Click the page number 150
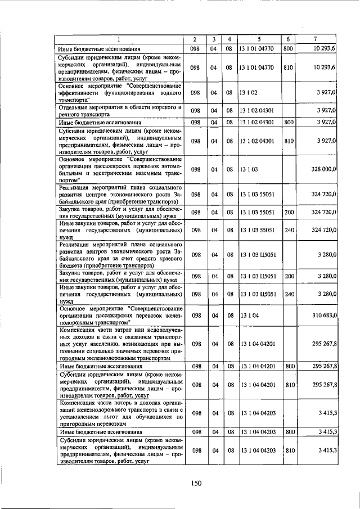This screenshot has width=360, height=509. pos(196,483)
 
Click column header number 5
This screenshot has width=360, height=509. pos(259,39)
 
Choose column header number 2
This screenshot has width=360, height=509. pos(194,39)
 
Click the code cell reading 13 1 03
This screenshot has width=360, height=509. pos(248,169)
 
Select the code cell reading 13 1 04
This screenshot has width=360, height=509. pos(248,315)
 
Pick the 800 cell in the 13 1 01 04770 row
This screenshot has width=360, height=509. pos(288,49)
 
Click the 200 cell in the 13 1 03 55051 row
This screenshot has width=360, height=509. pos(288,213)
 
